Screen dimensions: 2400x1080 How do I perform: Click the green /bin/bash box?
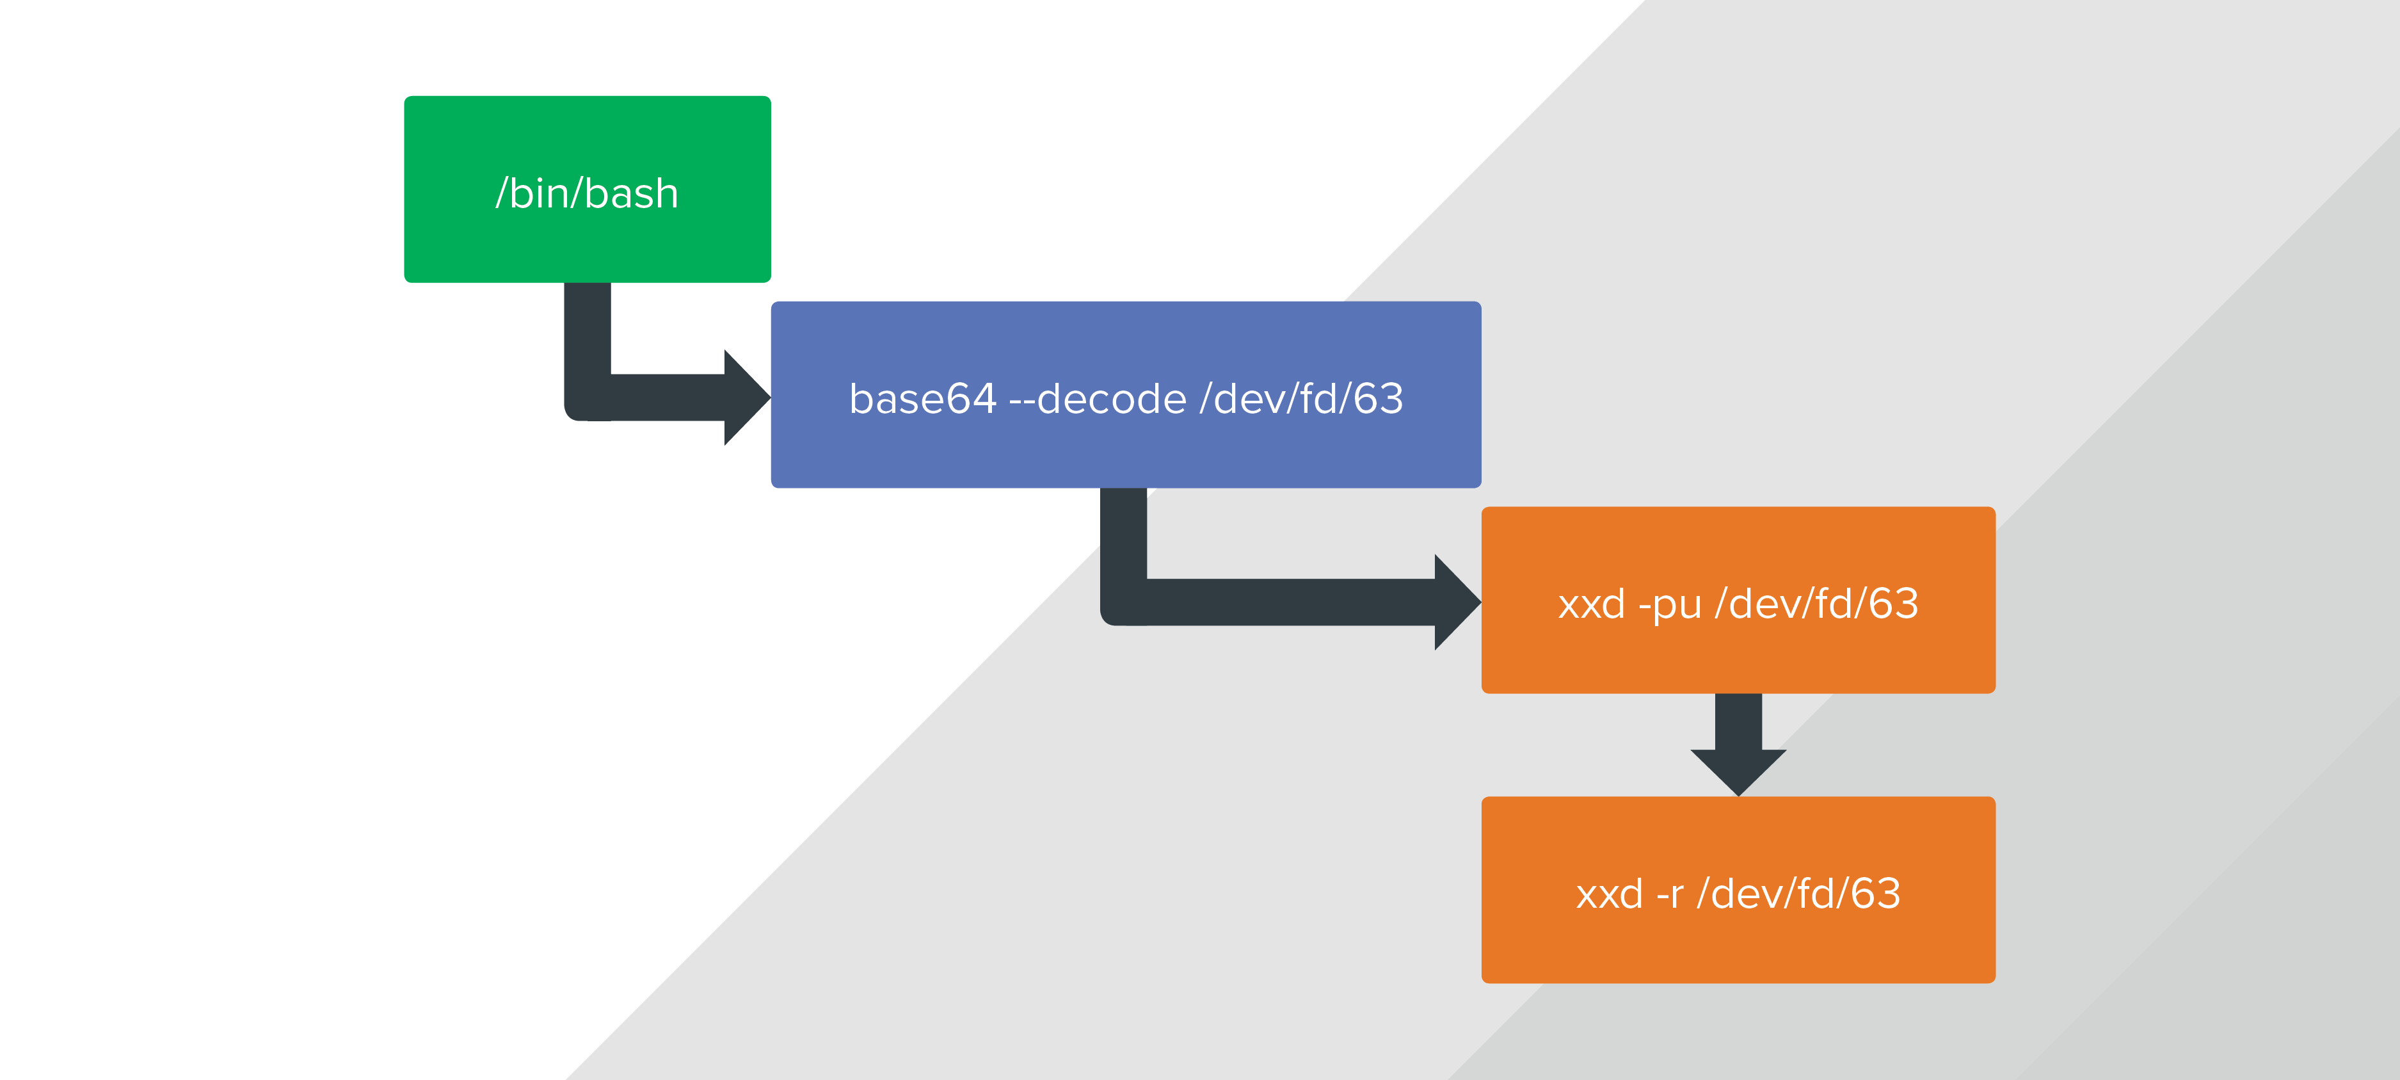coord(587,189)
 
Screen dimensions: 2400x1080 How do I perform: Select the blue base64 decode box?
coord(1126,394)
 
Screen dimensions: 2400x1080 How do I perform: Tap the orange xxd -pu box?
coord(1738,600)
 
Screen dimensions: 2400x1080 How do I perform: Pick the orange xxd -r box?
coord(1738,890)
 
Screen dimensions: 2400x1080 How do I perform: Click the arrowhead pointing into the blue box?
coord(748,398)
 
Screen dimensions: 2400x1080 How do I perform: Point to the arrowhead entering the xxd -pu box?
coord(1457,602)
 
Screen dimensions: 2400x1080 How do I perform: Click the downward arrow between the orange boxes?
coord(1738,745)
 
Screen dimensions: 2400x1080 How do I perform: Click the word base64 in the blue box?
coord(922,399)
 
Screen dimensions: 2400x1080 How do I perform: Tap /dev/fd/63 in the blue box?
coord(1302,399)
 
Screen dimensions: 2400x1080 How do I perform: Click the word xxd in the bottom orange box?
coord(1609,894)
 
